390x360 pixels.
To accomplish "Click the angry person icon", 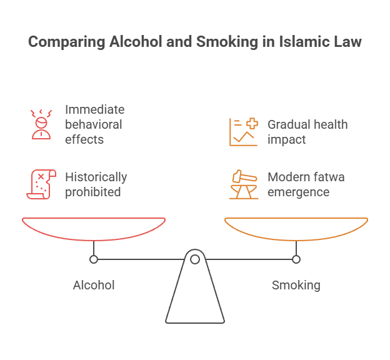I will (41, 123).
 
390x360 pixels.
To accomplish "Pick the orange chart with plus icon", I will (243, 131).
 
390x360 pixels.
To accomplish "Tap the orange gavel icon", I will (243, 184).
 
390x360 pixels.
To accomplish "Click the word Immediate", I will (94, 109).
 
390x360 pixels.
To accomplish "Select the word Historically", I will (96, 177).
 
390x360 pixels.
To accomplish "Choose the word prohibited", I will (92, 192).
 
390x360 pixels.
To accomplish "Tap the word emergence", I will (298, 192).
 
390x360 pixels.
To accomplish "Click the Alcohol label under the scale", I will (94, 285).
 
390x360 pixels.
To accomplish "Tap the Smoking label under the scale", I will (296, 285).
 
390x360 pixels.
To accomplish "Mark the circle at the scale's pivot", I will (195, 259).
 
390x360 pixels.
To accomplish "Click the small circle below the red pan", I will (94, 259).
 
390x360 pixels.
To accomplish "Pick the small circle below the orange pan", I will (296, 259).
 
